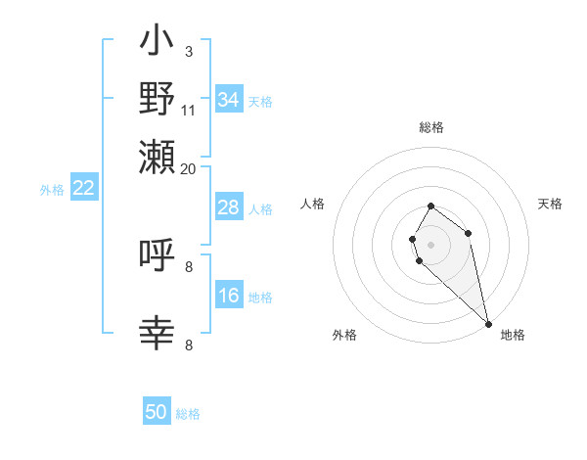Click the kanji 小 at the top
point(157,43)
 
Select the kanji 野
point(157,99)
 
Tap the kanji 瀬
point(157,156)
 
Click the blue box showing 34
point(228,100)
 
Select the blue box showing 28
point(228,207)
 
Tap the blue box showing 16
point(228,296)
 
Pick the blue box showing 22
point(83,189)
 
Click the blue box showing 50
point(157,412)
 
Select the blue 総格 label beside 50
point(188,414)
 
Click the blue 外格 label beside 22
point(52,190)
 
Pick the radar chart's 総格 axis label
point(430,128)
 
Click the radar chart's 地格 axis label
point(513,335)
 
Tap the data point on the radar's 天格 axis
point(469,233)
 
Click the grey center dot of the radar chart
point(430,243)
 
